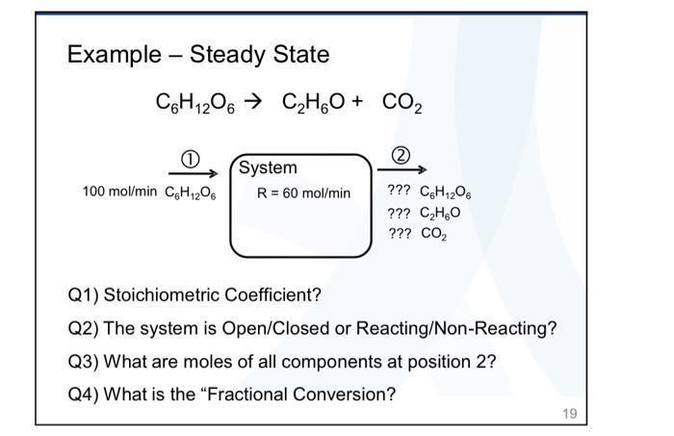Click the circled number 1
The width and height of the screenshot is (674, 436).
click(189, 159)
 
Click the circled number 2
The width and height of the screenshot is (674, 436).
click(402, 157)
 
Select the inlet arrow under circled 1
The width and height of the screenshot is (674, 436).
click(189, 174)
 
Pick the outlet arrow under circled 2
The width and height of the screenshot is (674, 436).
click(402, 172)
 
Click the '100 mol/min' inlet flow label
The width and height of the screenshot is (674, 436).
click(118, 192)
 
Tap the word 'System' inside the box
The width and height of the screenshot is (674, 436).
click(268, 168)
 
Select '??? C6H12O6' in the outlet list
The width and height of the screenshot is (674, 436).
click(428, 193)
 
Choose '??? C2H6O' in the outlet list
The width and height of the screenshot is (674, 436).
click(420, 214)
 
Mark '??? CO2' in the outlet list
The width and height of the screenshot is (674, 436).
click(414, 233)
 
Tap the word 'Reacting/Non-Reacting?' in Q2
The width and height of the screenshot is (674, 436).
click(456, 328)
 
